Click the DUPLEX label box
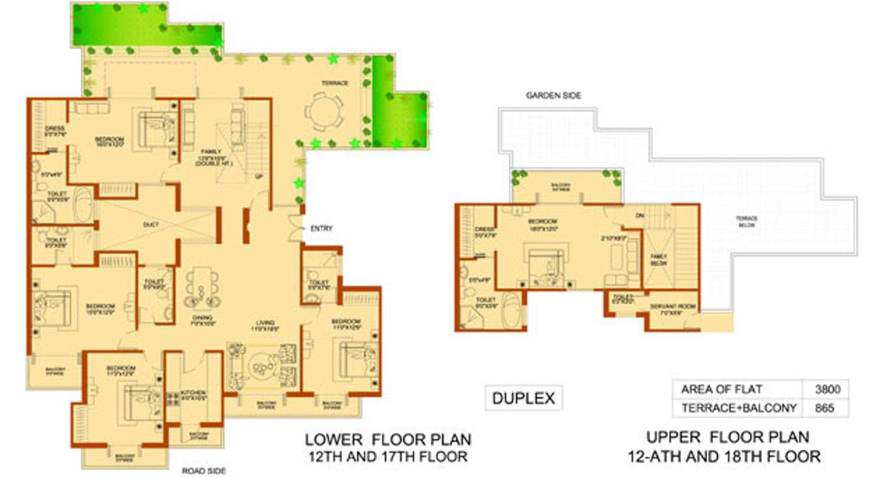point(523,398)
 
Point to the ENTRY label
point(321,229)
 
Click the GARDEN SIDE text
point(553,95)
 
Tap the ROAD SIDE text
point(205,470)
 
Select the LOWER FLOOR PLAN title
point(387,447)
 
